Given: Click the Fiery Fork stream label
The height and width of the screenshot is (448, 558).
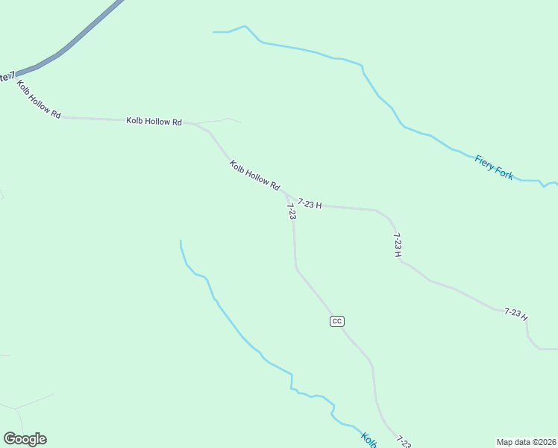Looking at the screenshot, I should [x=494, y=167].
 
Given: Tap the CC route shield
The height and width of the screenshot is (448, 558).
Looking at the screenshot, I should [x=336, y=321].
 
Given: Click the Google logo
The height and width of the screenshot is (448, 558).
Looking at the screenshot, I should [x=25, y=439].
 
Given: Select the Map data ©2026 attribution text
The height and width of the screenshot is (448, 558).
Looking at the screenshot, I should [x=526, y=441].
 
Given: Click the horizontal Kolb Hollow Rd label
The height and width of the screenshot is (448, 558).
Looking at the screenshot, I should [x=154, y=121].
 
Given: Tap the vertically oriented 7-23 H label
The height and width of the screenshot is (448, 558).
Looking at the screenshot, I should [x=398, y=245].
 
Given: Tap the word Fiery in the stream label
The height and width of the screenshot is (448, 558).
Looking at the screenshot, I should [x=485, y=161].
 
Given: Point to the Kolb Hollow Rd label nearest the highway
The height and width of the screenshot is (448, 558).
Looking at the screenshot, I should [x=39, y=99].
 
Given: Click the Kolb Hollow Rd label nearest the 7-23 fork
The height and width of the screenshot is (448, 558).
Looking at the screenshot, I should [x=254, y=175].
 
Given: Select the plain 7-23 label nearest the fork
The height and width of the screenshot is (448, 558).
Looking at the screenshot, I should [x=292, y=211].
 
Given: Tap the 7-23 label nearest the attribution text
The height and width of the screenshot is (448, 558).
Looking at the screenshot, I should [x=403, y=442].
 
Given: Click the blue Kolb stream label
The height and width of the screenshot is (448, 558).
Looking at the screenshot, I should [x=369, y=439].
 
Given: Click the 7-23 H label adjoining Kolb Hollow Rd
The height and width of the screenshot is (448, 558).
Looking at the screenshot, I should [x=310, y=203].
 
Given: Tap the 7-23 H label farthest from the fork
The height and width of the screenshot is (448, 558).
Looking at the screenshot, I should [x=515, y=314].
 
